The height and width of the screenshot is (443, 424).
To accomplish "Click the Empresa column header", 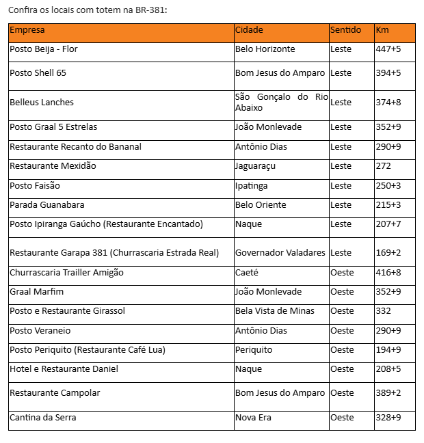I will coord(27,30).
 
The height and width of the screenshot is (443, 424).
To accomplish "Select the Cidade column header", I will coord(249,30).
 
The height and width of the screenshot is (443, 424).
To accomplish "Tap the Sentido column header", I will coord(345,30).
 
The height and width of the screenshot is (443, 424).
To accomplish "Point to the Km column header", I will coord(382,30).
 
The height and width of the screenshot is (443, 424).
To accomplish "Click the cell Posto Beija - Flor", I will coord(49,49).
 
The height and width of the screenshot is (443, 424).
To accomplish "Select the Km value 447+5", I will coord(388,49).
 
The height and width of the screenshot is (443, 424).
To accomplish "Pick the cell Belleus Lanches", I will coord(42,102).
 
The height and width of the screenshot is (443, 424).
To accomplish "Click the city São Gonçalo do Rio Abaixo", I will coord(281,102).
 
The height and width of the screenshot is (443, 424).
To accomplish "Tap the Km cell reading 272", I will coord(384,166).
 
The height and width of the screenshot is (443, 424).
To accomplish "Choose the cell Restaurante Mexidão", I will coord(53,166).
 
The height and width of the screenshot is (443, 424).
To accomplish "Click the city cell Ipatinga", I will coord(252,186).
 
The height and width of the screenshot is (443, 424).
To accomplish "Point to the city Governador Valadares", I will coord(280,253).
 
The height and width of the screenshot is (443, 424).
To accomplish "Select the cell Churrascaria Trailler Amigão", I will coord(67,273).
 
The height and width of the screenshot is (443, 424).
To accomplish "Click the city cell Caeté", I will coord(247,273).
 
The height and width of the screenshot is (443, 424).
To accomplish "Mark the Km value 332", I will coord(384,311).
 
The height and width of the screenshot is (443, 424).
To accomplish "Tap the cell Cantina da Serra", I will coord(43,418).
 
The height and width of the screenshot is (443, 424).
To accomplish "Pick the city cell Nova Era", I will coord(253,418).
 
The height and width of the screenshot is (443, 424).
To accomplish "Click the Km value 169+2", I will coord(388,253).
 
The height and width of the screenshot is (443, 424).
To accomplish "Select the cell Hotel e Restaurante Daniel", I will coord(64,369).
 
